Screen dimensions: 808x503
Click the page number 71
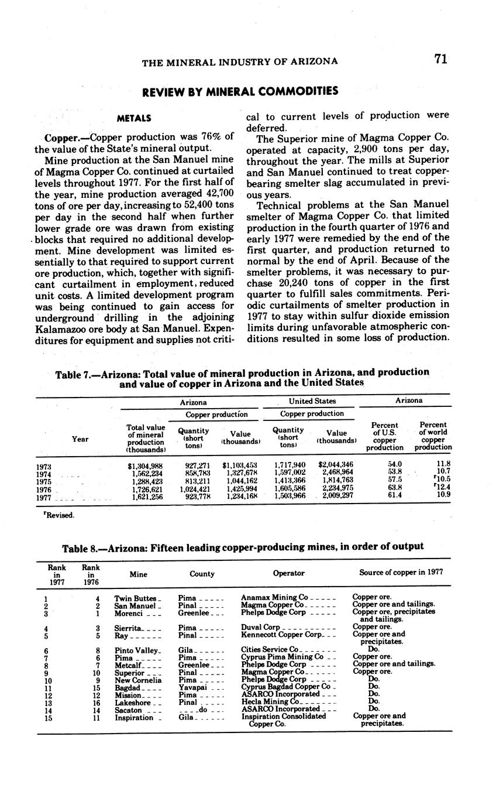click(x=440, y=59)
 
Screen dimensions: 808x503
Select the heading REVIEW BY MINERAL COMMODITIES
click(x=240, y=91)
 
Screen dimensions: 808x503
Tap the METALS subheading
click(x=135, y=118)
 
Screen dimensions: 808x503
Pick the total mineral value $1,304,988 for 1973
click(x=145, y=465)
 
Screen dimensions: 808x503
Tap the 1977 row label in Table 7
click(x=44, y=497)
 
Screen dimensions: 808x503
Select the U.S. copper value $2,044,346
click(x=335, y=465)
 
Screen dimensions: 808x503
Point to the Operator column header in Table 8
click(x=288, y=574)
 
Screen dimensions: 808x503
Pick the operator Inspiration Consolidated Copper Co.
click(x=283, y=720)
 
